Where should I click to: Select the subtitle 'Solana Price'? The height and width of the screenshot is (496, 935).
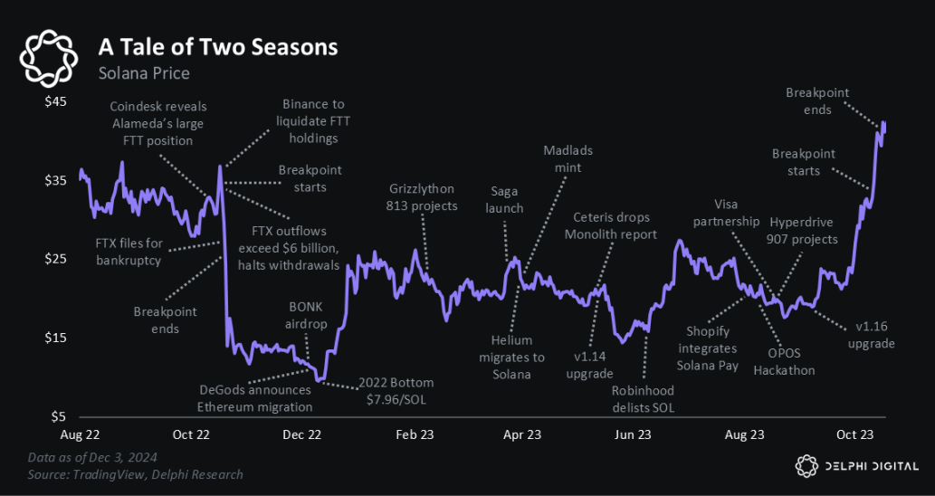pos(144,72)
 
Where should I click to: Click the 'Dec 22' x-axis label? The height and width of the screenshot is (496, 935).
pos(302,434)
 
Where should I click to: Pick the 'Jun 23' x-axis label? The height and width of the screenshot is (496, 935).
pos(633,434)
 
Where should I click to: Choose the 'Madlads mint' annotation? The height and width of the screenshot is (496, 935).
pos(568,158)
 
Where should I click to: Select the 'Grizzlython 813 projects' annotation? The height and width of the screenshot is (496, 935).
pos(423,197)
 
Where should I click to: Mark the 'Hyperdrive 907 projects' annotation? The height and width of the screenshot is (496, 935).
pos(804,231)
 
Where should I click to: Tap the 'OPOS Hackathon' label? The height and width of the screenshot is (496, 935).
pos(784,361)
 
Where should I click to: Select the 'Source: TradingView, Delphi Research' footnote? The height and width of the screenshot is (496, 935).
pos(135,474)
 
